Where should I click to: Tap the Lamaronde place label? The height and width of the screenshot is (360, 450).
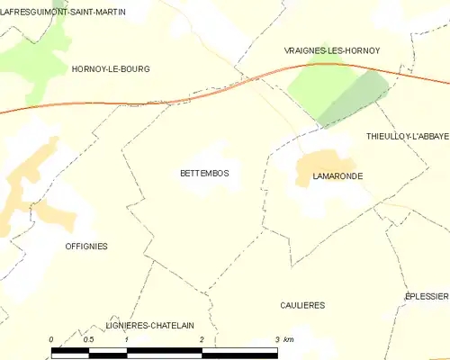tap(337, 176)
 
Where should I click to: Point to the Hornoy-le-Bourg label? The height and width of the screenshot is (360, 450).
tap(110, 68)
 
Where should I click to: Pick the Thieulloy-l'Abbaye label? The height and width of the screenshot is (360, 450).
tap(408, 136)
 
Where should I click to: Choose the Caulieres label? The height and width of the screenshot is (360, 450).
tap(301, 305)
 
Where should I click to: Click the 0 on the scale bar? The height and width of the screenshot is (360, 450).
tap(51, 339)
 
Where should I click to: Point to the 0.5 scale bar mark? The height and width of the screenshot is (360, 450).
tap(88, 339)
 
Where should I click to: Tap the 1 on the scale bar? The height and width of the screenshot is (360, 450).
tap(127, 339)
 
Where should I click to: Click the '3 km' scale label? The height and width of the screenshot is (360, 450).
tap(283, 339)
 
